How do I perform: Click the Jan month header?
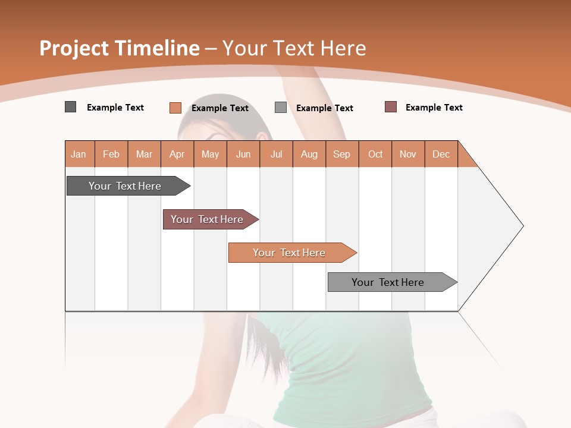(79, 154)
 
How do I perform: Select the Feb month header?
(111, 154)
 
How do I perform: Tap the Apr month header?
(177, 154)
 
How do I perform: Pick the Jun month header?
(243, 154)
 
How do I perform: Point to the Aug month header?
(309, 154)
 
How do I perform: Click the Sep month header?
(342, 154)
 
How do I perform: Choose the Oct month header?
(375, 154)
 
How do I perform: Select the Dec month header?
(441, 154)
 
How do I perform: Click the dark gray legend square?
(71, 107)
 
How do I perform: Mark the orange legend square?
(175, 108)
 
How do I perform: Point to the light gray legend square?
(281, 108)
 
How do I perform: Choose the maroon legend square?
(391, 107)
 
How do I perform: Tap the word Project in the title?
(73, 48)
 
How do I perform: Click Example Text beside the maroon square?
(434, 108)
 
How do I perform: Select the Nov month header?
(408, 154)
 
